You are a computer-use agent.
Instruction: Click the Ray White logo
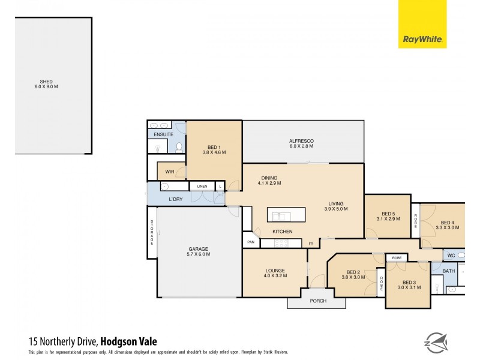422,24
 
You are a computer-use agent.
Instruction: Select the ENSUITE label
164,134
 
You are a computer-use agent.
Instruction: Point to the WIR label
170,172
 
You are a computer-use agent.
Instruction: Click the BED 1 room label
214,150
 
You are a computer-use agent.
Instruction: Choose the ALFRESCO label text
302,144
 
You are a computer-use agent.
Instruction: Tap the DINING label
269,180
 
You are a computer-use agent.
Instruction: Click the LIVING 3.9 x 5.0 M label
336,205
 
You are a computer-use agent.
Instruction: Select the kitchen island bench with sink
286,215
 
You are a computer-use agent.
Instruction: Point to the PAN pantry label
250,242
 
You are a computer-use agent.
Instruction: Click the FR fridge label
311,244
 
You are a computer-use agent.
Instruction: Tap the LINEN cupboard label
202,187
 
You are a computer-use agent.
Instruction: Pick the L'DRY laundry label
175,199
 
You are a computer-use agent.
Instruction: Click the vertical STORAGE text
152,232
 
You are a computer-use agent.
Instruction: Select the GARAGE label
199,251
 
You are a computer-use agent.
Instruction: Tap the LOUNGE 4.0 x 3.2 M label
275,273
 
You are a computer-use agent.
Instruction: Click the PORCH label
318,301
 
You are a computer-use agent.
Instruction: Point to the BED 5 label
389,217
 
